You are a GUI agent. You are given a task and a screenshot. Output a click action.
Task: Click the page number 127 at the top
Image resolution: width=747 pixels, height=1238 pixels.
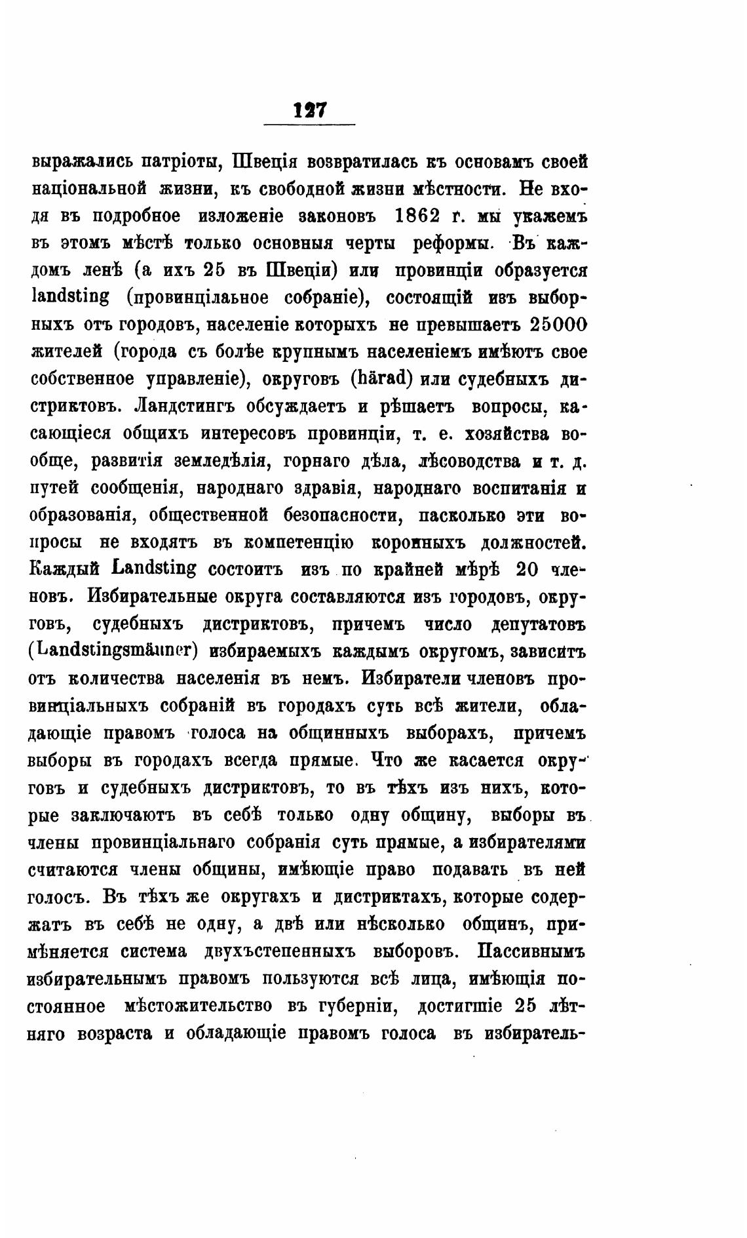[309, 110]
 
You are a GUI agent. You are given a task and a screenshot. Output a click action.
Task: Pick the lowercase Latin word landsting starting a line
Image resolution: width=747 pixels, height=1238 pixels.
[69, 298]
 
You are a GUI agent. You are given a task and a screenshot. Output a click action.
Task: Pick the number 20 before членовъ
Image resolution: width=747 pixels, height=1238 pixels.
[528, 570]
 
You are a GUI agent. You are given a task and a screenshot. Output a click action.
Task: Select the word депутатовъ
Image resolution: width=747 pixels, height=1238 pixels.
[531, 624]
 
